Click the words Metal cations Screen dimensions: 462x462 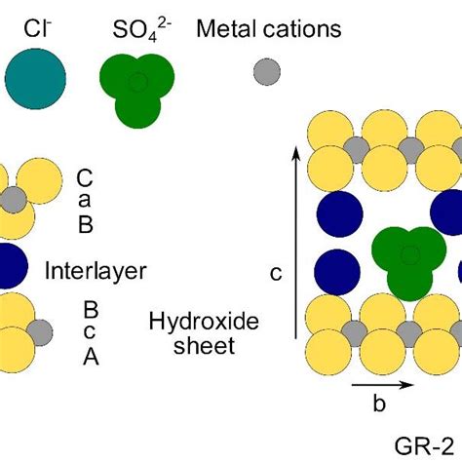[269, 29]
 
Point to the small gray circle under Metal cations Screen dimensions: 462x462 [265, 71]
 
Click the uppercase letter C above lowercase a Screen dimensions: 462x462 [86, 177]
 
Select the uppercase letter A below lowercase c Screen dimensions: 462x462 [90, 357]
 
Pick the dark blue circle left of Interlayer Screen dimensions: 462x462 [8, 265]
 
